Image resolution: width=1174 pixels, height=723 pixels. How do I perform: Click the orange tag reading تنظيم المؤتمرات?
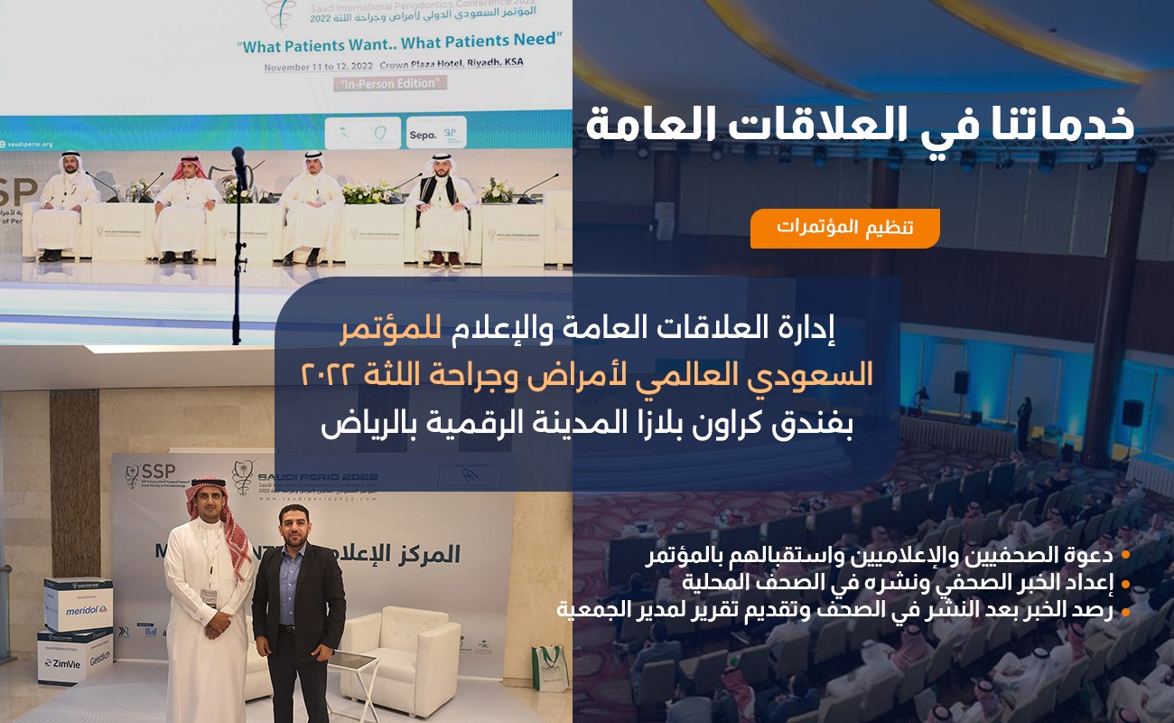pyautogui.click(x=844, y=228)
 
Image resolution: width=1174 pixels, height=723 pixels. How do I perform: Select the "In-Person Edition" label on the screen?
pyautogui.click(x=390, y=83)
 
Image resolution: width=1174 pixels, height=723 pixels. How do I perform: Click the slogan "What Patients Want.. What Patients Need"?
pyautogui.click(x=402, y=42)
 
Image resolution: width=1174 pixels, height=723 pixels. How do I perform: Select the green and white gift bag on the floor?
pyautogui.click(x=549, y=668)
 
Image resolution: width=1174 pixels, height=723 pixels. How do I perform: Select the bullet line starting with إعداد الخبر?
pyautogui.click(x=898, y=581)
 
